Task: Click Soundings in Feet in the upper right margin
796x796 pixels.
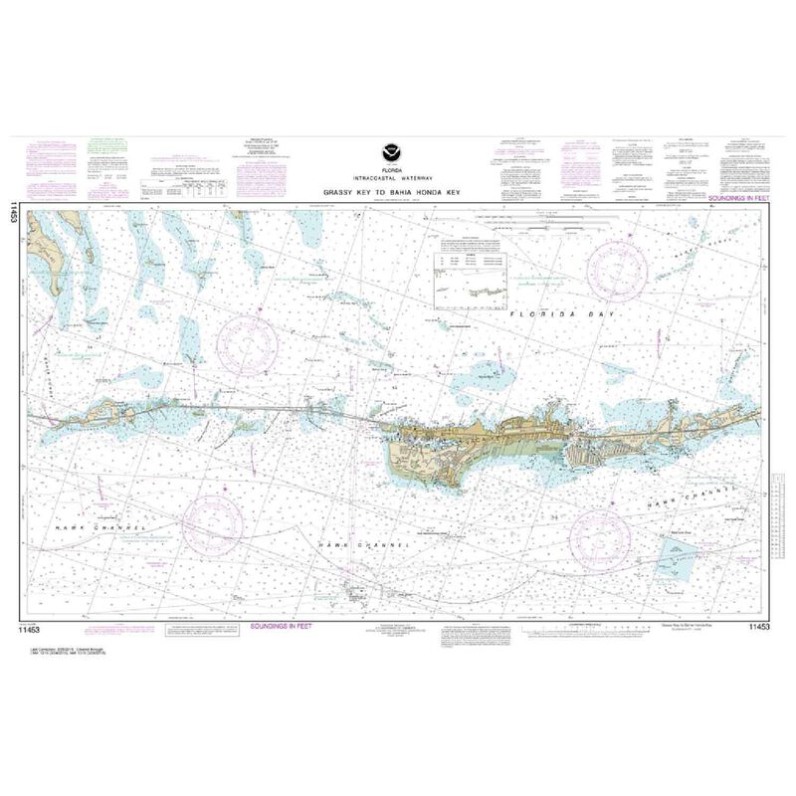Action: point(739,199)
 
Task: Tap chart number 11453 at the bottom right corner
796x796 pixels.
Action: point(757,628)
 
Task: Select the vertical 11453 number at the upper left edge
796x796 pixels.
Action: point(13,211)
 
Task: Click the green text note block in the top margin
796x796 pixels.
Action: point(104,147)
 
